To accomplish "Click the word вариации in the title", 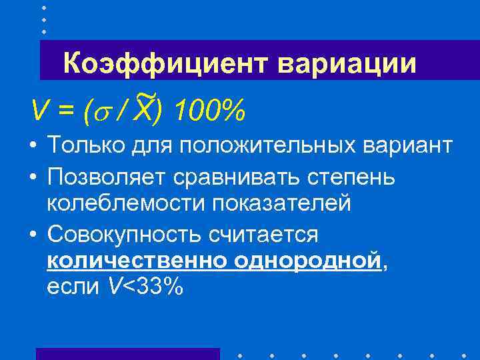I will (345, 65).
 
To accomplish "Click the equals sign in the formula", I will (65, 109).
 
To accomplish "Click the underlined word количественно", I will (136, 261).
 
